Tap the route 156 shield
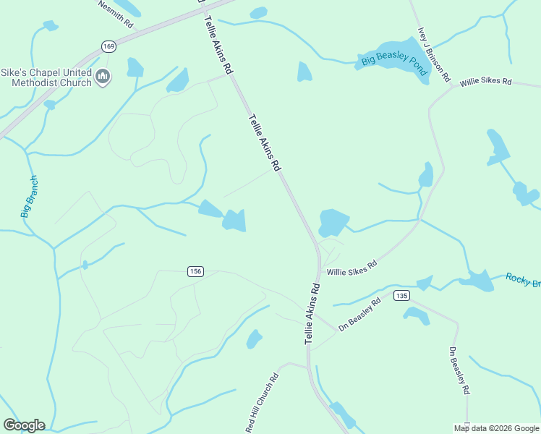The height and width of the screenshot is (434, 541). [x=195, y=271]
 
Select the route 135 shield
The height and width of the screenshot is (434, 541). [x=402, y=295]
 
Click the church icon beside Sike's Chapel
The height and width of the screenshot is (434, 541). [x=103, y=77]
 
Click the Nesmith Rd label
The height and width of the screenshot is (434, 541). [x=116, y=14]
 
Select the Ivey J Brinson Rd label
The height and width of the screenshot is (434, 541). [x=434, y=54]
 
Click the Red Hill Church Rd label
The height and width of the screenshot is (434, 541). [x=262, y=403]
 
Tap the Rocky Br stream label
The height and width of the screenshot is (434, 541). [x=522, y=279]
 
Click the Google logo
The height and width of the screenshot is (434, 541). [x=24, y=425]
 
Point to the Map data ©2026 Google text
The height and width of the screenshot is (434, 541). [x=497, y=428]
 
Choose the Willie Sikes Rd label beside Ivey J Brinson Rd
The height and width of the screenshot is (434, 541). [x=485, y=82]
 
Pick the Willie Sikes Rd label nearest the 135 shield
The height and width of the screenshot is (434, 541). [x=352, y=268]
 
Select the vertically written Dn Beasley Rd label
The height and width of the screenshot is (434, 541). [x=459, y=371]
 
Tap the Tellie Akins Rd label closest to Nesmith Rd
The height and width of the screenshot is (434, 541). [x=218, y=45]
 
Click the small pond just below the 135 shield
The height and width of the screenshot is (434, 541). [x=417, y=315]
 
